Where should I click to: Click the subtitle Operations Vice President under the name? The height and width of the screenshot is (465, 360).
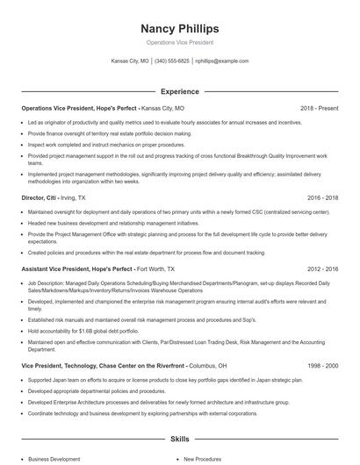click(179, 42)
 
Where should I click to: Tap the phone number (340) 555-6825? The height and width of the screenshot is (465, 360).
click(172, 61)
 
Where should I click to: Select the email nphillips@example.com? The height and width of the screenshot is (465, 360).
click(221, 61)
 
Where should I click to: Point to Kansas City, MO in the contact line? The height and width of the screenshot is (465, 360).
click(130, 61)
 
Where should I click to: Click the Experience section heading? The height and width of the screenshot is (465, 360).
click(179, 91)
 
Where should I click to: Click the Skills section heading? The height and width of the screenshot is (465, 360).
click(179, 438)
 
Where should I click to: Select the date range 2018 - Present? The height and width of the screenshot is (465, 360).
click(319, 108)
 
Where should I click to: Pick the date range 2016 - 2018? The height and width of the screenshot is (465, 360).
click(321, 199)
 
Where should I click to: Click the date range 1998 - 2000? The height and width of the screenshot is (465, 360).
click(321, 365)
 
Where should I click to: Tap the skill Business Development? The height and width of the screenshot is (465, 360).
click(54, 459)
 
